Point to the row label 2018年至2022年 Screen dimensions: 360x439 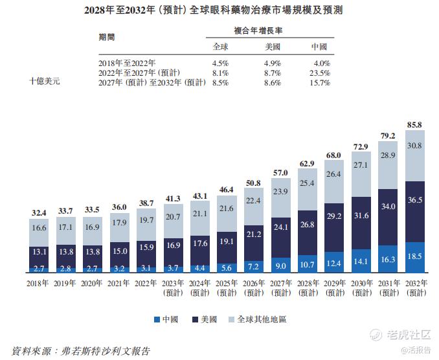[127, 63]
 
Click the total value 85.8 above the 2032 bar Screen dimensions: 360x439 [414, 124]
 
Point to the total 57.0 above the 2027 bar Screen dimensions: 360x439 [280, 174]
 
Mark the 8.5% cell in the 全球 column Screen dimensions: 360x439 [220, 83]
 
